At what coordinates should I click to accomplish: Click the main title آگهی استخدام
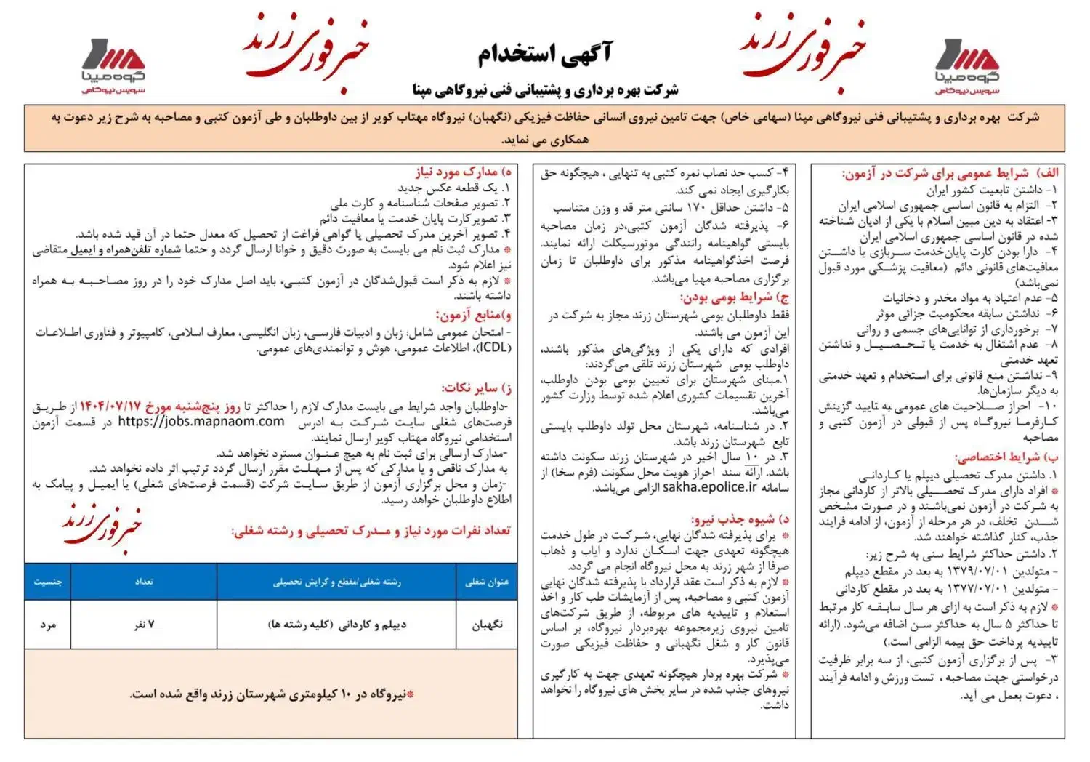[544, 53]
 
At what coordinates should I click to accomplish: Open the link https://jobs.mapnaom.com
[201, 422]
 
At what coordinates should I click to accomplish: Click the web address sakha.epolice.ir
[709, 487]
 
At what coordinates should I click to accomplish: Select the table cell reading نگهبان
[487, 625]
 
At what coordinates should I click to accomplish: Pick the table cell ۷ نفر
[144, 625]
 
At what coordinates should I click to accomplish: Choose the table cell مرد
[48, 625]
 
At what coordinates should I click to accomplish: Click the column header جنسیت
[48, 582]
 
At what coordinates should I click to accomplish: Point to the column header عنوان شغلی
[487, 582]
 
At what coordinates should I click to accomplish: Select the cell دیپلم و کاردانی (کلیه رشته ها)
[336, 625]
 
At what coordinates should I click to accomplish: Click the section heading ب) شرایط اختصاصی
[1006, 457]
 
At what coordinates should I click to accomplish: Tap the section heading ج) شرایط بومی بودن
[734, 297]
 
